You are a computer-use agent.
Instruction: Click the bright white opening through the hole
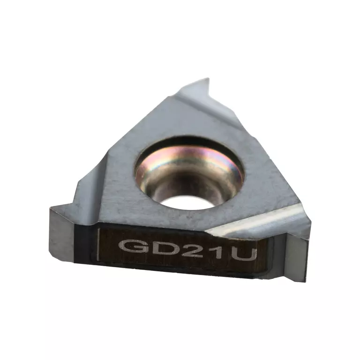tap(188, 202)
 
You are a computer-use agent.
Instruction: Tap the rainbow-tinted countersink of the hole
tap(188, 161)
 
